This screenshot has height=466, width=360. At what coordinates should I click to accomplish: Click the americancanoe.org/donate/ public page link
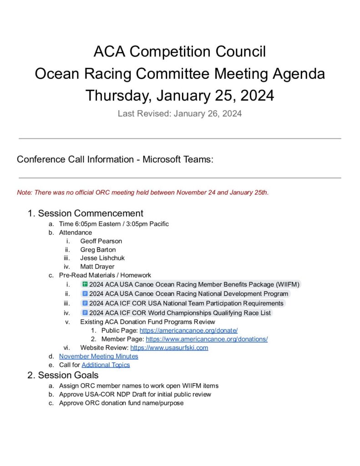coord(188,330)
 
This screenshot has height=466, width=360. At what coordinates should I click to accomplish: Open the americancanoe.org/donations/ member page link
coord(207,339)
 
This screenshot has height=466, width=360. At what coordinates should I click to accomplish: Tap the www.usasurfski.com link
coord(169,348)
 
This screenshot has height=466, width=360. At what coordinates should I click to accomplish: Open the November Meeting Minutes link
coord(98,356)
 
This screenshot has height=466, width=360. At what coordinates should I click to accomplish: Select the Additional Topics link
coord(106,365)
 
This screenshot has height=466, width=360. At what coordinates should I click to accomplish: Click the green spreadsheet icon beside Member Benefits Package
coord(85,284)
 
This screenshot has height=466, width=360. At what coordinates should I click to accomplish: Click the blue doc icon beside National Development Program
coord(85,294)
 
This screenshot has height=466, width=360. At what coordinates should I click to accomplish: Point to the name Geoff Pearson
coord(101,241)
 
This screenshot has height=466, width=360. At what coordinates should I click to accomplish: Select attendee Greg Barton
coord(98,249)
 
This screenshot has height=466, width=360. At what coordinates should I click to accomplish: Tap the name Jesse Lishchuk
coord(102,258)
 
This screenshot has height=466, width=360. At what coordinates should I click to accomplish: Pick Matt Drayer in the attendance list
coord(97,267)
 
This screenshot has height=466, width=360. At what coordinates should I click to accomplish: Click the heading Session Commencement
coord(91,213)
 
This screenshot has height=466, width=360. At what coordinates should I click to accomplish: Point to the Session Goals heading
coord(68,375)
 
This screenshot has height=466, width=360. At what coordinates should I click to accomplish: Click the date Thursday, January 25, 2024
coord(180,96)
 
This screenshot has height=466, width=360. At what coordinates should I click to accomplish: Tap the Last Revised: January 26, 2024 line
coord(180,114)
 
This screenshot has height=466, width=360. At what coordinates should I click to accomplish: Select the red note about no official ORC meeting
coord(143,192)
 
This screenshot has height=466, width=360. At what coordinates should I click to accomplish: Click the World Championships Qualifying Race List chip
coord(180,313)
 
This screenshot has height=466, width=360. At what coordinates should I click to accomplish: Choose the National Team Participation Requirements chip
coord(186,303)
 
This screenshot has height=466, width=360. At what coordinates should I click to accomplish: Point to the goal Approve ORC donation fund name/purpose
coord(121,403)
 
